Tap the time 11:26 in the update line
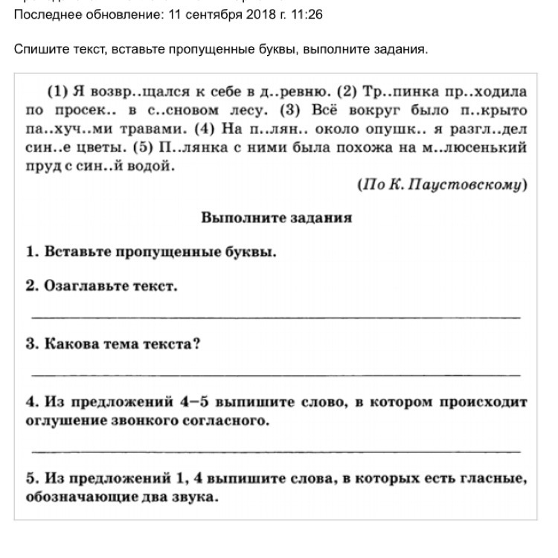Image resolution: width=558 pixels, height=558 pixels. (x=307, y=15)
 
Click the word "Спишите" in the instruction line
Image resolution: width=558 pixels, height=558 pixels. (x=37, y=49)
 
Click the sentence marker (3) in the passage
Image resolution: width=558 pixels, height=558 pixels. (x=291, y=111)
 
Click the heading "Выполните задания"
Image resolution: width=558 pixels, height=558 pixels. (x=276, y=218)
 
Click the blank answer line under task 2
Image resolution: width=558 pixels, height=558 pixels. (x=276, y=317)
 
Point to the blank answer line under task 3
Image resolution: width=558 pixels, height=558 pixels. (x=276, y=374)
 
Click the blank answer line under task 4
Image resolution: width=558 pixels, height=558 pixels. (x=276, y=451)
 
